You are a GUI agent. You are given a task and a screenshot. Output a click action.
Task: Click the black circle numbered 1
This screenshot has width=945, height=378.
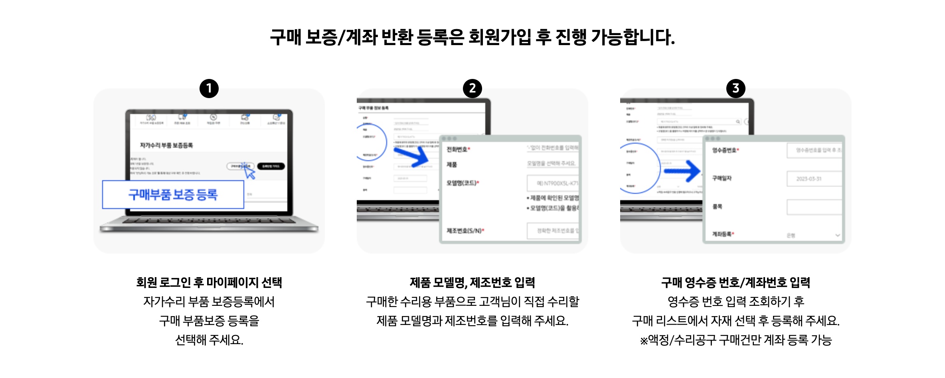pos(209,89)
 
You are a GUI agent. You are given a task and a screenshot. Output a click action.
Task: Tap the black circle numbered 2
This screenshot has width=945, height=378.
pos(472,89)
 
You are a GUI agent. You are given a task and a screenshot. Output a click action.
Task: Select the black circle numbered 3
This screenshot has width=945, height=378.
pos(736,89)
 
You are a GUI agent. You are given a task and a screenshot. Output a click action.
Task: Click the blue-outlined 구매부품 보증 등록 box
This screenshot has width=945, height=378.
pos(173,195)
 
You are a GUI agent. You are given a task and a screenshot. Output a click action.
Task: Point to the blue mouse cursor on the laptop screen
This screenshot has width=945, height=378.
pos(249,172)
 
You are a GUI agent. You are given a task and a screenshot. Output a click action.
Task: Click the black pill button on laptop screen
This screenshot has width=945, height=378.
pos(271,166)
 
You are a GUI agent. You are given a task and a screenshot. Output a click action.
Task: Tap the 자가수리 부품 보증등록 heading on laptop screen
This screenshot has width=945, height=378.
pos(166,146)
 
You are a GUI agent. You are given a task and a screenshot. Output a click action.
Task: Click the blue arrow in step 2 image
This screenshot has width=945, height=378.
pos(411,157)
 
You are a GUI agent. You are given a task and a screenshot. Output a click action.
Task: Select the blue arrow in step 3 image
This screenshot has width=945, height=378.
pos(682,171)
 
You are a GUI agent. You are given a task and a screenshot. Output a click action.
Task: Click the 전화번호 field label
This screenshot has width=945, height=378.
pos(458,150)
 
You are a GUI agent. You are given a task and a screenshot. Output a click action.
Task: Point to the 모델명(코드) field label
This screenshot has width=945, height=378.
pos(462,183)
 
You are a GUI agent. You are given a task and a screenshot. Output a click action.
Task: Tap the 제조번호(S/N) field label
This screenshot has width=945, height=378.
pos(465,231)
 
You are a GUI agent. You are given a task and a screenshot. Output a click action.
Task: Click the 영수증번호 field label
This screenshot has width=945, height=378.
pos(725,150)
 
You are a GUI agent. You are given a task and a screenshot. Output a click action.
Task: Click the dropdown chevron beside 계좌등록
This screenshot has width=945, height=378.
pos(838,235)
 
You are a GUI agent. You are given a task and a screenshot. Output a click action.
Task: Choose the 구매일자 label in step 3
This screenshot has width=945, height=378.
pos(722,178)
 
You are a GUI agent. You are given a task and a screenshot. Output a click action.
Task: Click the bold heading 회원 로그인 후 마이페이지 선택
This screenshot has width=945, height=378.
pos(209,283)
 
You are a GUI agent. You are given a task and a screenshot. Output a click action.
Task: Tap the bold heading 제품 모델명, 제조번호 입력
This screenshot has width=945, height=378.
pos(472,283)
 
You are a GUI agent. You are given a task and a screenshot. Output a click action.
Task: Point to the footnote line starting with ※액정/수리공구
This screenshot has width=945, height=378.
pos(736,340)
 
